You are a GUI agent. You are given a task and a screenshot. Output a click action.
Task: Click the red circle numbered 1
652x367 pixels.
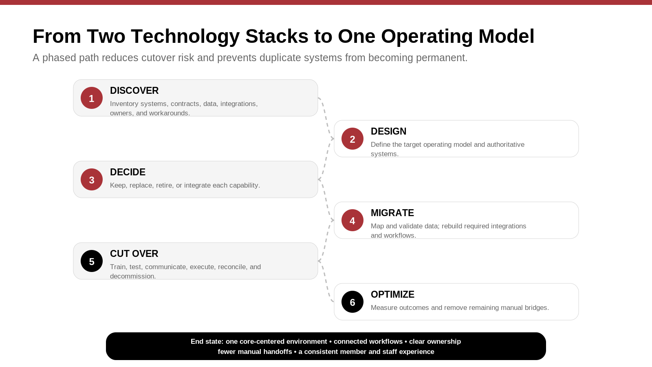[92, 98]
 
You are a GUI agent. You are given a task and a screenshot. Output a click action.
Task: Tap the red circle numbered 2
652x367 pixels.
[352, 139]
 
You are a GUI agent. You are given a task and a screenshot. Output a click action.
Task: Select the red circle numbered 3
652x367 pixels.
[92, 179]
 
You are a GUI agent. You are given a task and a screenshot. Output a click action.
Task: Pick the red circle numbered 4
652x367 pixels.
[352, 220]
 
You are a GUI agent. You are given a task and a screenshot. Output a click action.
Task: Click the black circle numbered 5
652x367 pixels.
[92, 261]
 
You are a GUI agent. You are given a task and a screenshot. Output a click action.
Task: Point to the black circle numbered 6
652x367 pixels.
[352, 302]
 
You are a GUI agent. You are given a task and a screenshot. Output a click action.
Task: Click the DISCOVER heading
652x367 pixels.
[134, 91]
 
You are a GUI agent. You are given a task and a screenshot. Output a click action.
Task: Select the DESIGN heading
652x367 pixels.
[389, 131]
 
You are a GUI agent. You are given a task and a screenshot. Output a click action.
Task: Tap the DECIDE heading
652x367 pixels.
[128, 172]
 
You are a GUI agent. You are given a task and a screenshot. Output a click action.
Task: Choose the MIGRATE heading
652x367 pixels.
[392, 213]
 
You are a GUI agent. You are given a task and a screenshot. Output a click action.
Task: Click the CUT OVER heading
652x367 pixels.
[134, 254]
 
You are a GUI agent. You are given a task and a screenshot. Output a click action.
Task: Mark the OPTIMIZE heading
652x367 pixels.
[393, 294]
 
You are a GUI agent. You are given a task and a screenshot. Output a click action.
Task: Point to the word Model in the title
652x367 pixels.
[507, 36]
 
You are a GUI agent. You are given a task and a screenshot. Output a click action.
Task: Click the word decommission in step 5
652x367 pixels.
[133, 276]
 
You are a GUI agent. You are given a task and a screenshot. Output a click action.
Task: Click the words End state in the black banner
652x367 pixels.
[207, 341]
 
